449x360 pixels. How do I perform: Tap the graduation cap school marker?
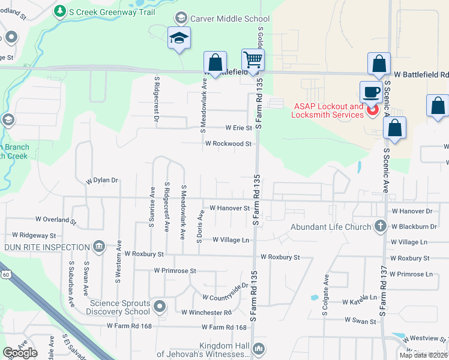pyautogui.click(x=179, y=38)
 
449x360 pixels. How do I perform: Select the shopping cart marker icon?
pyautogui.click(x=253, y=60)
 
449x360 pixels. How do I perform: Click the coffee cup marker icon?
pyautogui.click(x=370, y=92)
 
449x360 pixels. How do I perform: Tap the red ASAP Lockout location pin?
pyautogui.click(x=372, y=110)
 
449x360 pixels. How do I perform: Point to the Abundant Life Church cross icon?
pyautogui.click(x=379, y=227)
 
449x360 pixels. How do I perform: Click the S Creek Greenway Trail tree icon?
pyautogui.click(x=59, y=11)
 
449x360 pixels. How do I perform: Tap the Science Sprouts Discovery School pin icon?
pyautogui.click(x=160, y=307)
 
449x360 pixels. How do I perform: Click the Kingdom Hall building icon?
pyautogui.click(x=259, y=348)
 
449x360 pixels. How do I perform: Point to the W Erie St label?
pyautogui.click(x=239, y=128)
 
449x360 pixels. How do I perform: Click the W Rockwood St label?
pyautogui.click(x=228, y=144)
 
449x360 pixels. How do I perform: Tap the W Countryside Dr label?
pyautogui.click(x=225, y=297)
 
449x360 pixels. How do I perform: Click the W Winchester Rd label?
pyautogui.click(x=206, y=313)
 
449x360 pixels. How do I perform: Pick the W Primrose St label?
pyautogui.click(x=175, y=271)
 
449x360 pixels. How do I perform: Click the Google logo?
pyautogui.click(x=20, y=353)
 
